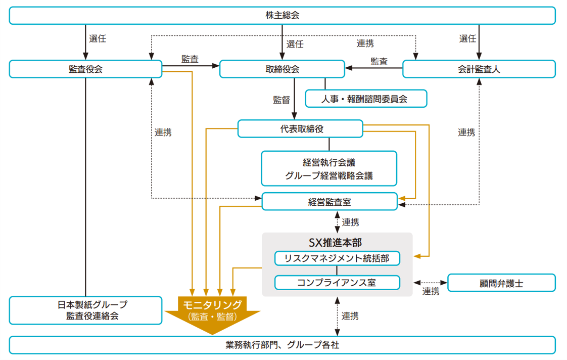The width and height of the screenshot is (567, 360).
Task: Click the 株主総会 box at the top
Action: point(282,15)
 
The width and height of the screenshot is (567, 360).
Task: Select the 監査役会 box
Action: point(85,69)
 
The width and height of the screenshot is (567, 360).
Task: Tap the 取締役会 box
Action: point(282,69)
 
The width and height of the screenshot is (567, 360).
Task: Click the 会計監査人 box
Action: point(478,69)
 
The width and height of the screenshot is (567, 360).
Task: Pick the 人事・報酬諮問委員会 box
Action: point(366,99)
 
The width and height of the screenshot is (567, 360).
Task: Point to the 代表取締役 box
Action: point(300,128)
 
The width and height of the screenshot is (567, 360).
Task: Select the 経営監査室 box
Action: point(329,202)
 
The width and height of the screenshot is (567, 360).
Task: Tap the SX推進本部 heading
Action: point(337,242)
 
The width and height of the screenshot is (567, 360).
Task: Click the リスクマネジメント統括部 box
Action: point(337,258)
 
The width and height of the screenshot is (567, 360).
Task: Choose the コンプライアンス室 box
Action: point(337,282)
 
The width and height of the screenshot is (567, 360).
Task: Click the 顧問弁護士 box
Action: point(501,283)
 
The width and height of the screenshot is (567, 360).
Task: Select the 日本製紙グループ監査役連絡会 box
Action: point(85,310)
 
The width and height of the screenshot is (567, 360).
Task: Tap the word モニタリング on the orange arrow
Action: point(212,304)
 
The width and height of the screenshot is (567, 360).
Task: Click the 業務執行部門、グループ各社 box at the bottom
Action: point(282,345)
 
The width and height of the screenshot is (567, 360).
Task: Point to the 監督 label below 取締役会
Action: point(281,100)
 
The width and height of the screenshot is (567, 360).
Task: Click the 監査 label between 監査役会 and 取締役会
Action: point(190,59)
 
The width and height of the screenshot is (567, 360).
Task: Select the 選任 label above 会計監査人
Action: point(467,38)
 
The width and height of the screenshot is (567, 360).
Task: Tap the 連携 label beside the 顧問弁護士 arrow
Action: point(431,291)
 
